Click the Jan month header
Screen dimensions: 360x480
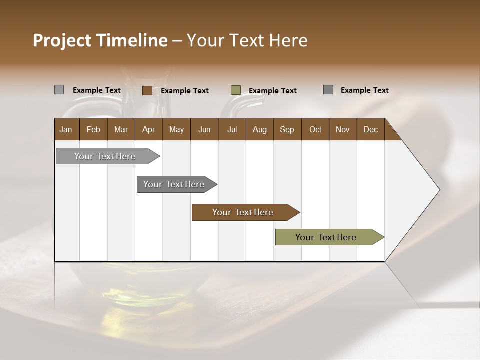[x=66, y=129]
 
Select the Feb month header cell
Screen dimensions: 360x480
[x=93, y=129]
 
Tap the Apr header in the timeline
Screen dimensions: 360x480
[x=148, y=129]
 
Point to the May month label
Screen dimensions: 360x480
[x=176, y=129]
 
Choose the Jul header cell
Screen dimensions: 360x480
[x=232, y=129]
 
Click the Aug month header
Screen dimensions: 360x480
[x=259, y=129]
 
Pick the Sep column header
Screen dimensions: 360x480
[x=287, y=129]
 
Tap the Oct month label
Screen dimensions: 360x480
[x=315, y=129]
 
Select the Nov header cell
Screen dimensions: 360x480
[x=343, y=129]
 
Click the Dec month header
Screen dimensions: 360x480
[x=370, y=129]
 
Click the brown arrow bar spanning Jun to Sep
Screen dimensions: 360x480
[x=243, y=212]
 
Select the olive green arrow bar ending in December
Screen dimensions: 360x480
[x=326, y=237]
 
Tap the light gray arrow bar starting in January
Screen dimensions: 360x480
[x=105, y=156]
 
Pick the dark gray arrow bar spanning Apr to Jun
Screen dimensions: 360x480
[x=174, y=184]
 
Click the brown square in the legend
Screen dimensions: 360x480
[x=147, y=90]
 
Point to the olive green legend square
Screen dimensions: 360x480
[x=236, y=90]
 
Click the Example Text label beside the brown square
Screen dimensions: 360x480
[x=185, y=91]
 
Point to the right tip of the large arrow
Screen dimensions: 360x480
[x=439, y=190]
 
